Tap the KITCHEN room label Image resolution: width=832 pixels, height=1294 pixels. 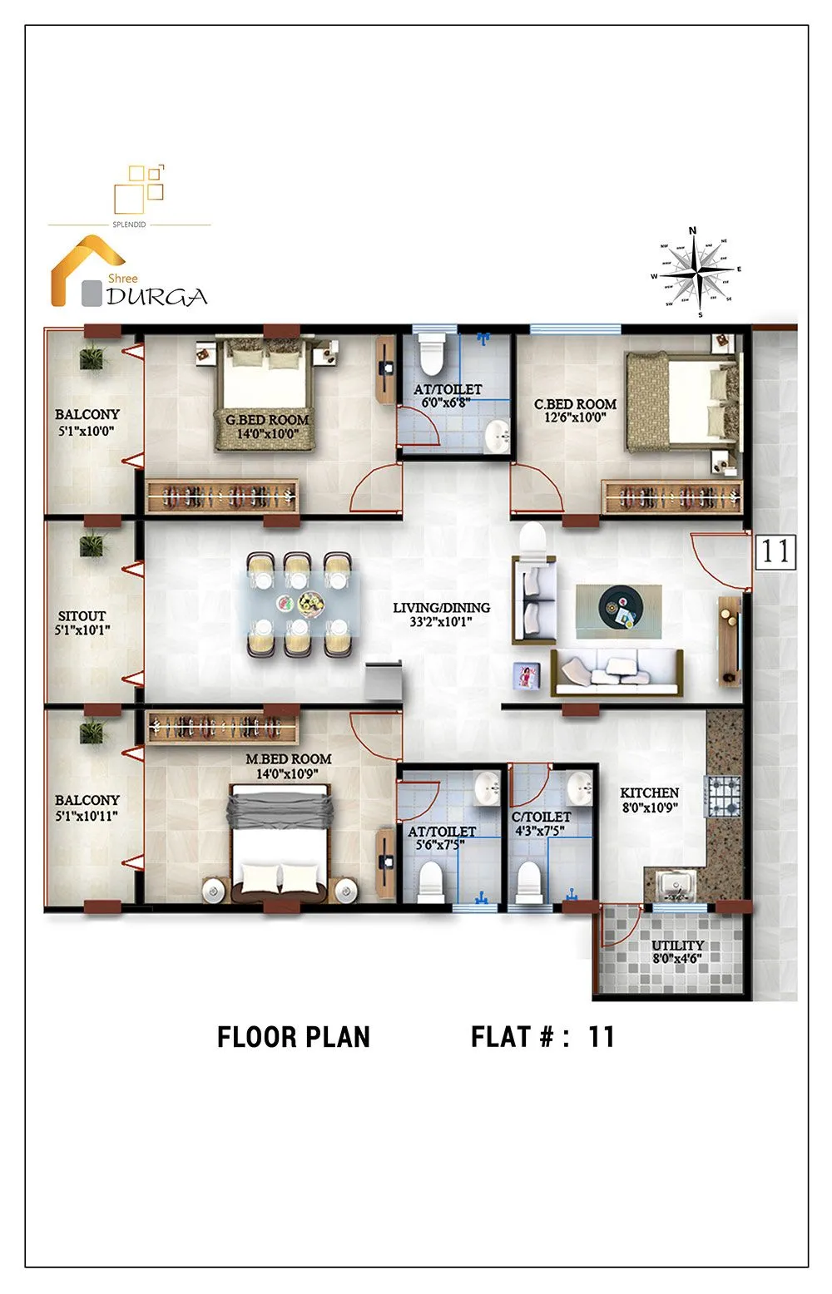pyautogui.click(x=649, y=793)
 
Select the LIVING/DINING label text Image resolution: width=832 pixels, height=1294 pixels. pyautogui.click(x=441, y=608)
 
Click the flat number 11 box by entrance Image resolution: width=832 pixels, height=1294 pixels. pyautogui.click(x=775, y=551)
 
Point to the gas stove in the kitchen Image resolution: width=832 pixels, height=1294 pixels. pyautogui.click(x=723, y=796)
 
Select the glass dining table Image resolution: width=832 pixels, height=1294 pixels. pyautogui.click(x=301, y=605)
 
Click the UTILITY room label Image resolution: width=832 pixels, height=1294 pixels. pyautogui.click(x=677, y=946)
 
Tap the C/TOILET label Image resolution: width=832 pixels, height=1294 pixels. pyautogui.click(x=541, y=817)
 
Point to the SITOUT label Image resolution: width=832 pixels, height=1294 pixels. pyautogui.click(x=82, y=615)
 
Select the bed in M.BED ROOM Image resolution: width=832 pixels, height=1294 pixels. pyautogui.click(x=280, y=844)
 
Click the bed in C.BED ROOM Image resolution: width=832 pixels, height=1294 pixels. pyautogui.click(x=682, y=402)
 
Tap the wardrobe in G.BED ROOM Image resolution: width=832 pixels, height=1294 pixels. pyautogui.click(x=222, y=496)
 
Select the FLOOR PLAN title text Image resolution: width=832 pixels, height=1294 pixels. pyautogui.click(x=293, y=1037)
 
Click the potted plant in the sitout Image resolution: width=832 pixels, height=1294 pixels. pyautogui.click(x=92, y=546)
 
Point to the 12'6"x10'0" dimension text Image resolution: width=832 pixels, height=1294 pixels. pyautogui.click(x=575, y=417)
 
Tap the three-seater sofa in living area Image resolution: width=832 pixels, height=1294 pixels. pyautogui.click(x=617, y=670)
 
